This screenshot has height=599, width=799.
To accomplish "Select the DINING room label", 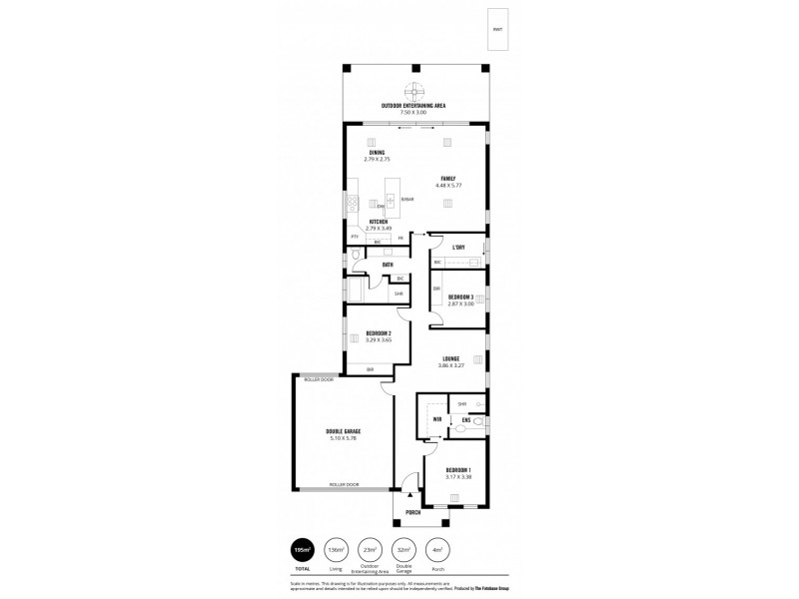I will pos(376,153).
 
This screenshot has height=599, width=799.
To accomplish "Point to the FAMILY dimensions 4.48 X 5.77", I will pos(447,186).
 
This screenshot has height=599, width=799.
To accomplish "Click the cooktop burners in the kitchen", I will pos(352,203).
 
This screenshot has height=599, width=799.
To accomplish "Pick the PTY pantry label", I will pos(354,236).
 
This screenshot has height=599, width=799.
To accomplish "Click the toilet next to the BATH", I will pos(357,257).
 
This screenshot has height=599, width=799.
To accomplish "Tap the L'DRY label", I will pos(459,247).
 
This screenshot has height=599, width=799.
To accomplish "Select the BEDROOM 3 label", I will pos(459,297).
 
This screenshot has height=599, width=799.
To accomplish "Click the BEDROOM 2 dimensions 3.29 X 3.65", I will pos(378,339).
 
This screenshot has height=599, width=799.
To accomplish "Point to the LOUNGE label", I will pos(451,358).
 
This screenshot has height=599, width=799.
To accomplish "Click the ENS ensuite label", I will pos(465,420).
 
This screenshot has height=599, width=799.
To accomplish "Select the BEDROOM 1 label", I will pos(458,469).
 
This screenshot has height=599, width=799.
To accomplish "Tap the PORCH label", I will pos(412,512).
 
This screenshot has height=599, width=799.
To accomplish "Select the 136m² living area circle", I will pos(336,550).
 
